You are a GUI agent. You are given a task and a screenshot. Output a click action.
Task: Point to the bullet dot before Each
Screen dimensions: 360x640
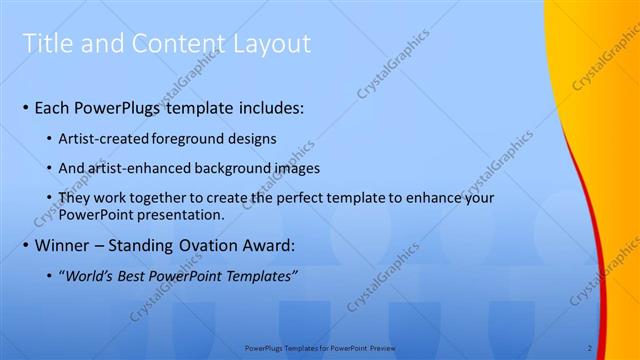(x=25, y=107)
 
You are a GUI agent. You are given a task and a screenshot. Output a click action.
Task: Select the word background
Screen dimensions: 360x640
(x=225, y=168)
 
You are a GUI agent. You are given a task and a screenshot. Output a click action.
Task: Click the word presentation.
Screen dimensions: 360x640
(x=178, y=215)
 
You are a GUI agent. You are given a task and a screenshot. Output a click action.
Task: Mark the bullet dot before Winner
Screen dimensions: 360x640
(x=25, y=245)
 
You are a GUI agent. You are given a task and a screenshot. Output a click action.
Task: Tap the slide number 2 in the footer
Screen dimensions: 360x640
(x=590, y=348)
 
